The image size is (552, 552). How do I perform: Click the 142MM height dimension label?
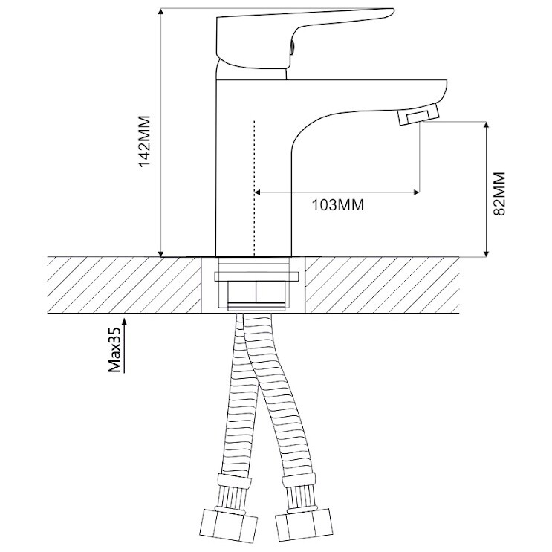144,141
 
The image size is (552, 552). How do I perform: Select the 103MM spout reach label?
338,204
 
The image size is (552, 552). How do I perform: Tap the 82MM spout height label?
499,194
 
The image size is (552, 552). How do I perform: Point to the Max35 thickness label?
114,349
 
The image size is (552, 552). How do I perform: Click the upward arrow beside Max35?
124,345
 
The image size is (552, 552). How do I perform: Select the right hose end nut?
303,525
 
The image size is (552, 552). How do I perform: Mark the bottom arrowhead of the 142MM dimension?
161,254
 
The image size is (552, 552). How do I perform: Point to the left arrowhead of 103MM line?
257,192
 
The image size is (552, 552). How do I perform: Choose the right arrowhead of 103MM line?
417,192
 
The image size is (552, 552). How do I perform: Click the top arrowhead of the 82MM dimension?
487,125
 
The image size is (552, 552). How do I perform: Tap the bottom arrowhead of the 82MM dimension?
487,254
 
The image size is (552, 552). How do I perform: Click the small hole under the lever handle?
291,48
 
